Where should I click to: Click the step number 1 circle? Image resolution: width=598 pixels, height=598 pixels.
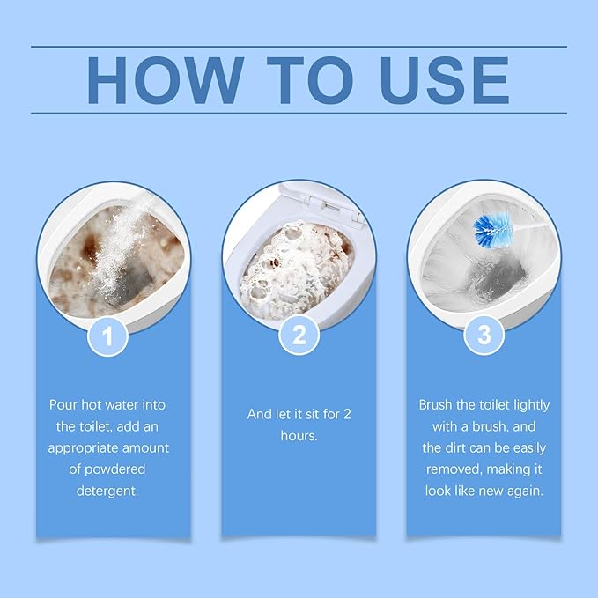pyautogui.click(x=109, y=336)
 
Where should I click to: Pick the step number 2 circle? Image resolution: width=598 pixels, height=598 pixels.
pyautogui.click(x=298, y=336)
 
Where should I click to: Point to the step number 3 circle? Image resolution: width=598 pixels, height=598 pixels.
pyautogui.click(x=484, y=336)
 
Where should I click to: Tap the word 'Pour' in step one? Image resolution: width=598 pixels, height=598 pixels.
pyautogui.click(x=63, y=404)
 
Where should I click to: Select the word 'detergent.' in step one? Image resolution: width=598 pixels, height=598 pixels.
pyautogui.click(x=108, y=490)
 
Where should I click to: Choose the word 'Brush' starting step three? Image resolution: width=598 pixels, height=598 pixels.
pyautogui.click(x=436, y=404)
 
